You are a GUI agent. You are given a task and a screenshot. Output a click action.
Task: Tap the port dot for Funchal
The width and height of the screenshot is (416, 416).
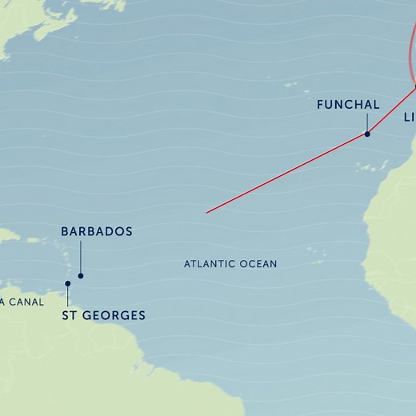[x=367, y=134]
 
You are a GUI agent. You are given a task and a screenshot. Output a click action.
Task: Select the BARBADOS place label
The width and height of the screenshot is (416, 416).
[x=96, y=231]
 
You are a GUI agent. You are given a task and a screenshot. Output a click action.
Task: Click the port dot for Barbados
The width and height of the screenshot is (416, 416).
[x=80, y=275]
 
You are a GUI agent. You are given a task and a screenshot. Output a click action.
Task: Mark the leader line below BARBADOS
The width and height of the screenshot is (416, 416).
[x=80, y=258]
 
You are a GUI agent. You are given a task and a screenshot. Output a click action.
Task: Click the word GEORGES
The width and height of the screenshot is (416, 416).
[x=114, y=315]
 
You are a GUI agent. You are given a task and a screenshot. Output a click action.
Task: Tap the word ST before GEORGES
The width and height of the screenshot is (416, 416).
[x=70, y=315]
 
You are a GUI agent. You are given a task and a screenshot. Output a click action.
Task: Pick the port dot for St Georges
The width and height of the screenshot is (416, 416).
[x=68, y=283]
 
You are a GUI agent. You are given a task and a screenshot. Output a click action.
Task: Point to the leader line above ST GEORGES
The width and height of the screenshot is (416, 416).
[x=68, y=295]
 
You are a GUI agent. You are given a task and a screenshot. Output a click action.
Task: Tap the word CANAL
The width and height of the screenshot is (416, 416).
[x=26, y=302]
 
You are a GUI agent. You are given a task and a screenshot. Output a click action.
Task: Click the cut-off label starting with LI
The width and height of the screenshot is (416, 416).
[x=408, y=117]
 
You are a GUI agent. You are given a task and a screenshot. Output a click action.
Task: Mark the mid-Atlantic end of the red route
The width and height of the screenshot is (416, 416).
[x=206, y=212]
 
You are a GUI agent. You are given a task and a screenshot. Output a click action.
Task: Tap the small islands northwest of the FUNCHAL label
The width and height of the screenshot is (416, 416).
[x=290, y=83]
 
